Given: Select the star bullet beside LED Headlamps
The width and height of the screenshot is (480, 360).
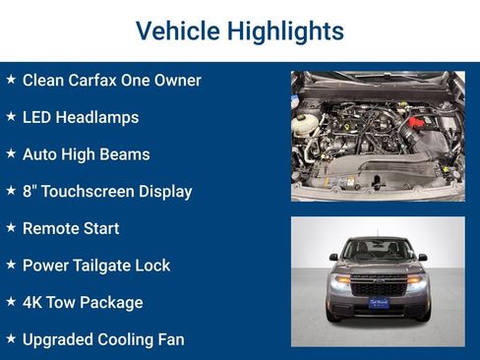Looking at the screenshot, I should (x=11, y=117).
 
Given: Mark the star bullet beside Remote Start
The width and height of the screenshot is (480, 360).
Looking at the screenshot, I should (x=11, y=228).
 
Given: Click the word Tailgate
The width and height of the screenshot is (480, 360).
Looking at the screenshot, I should (x=106, y=266).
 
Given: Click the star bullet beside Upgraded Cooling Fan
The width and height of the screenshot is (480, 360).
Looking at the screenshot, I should (x=11, y=339).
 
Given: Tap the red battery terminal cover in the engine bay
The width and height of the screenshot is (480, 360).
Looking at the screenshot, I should (x=416, y=122).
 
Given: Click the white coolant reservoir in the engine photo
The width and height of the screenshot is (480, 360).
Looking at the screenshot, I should (x=307, y=123).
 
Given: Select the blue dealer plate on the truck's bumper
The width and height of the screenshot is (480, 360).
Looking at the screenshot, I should (x=379, y=302).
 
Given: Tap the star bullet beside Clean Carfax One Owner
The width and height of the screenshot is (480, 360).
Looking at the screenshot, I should (x=11, y=80).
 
